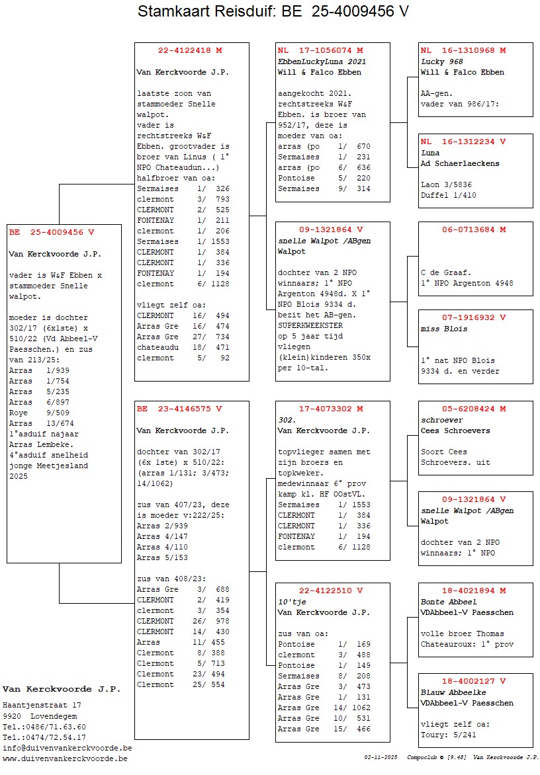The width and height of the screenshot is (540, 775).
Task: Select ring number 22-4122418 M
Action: pyautogui.click(x=190, y=50)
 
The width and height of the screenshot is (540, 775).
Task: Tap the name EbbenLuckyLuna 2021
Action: pyautogui.click(x=321, y=61)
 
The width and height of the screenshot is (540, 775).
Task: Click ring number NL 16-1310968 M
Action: pyautogui.click(x=463, y=50)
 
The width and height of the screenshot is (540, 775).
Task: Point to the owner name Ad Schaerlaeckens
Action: pyautogui.click(x=460, y=163)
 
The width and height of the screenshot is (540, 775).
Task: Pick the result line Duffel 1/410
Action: pyautogui.click(x=448, y=195)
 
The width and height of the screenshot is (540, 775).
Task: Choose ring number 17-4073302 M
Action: pyautogui.click(x=331, y=409)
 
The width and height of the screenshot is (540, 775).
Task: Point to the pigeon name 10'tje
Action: pyautogui.click(x=292, y=602)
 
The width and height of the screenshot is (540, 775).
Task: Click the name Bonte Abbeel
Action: pyautogui.click(x=449, y=602)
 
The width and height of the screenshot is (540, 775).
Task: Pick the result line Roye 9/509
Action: pyautogui.click(x=40, y=413)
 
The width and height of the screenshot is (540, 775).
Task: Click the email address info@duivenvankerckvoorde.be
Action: pyautogui.click(x=67, y=748)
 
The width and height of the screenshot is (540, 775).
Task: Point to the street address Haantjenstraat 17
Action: pyautogui.click(x=42, y=706)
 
